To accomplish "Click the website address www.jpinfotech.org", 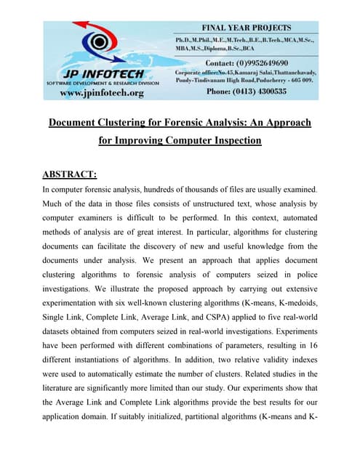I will click(101, 93).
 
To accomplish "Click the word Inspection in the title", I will click(234, 140).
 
